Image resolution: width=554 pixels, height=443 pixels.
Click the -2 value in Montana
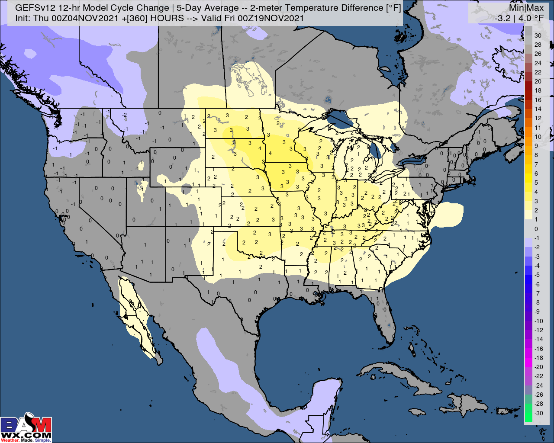click(124, 115)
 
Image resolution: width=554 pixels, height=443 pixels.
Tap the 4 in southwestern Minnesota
click(270, 153)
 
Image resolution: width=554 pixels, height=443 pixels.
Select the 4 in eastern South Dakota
click(260, 148)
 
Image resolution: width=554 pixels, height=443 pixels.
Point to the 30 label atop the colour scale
click(538, 35)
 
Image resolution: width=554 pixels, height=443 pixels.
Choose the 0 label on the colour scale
click(536, 229)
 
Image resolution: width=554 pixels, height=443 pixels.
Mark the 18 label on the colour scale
click(538, 90)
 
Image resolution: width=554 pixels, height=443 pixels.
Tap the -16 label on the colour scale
click(538, 348)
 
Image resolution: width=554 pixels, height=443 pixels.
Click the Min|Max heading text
click(525, 8)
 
